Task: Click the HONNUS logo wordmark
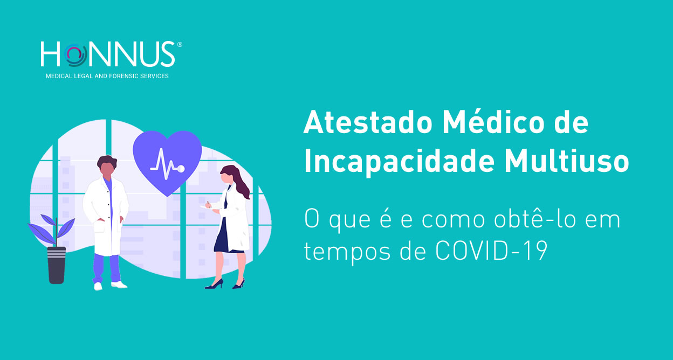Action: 107,54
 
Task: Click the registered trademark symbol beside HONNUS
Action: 180,45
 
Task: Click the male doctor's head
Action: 107,167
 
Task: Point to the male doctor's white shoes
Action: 111,285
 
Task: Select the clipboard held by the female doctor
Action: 207,206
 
